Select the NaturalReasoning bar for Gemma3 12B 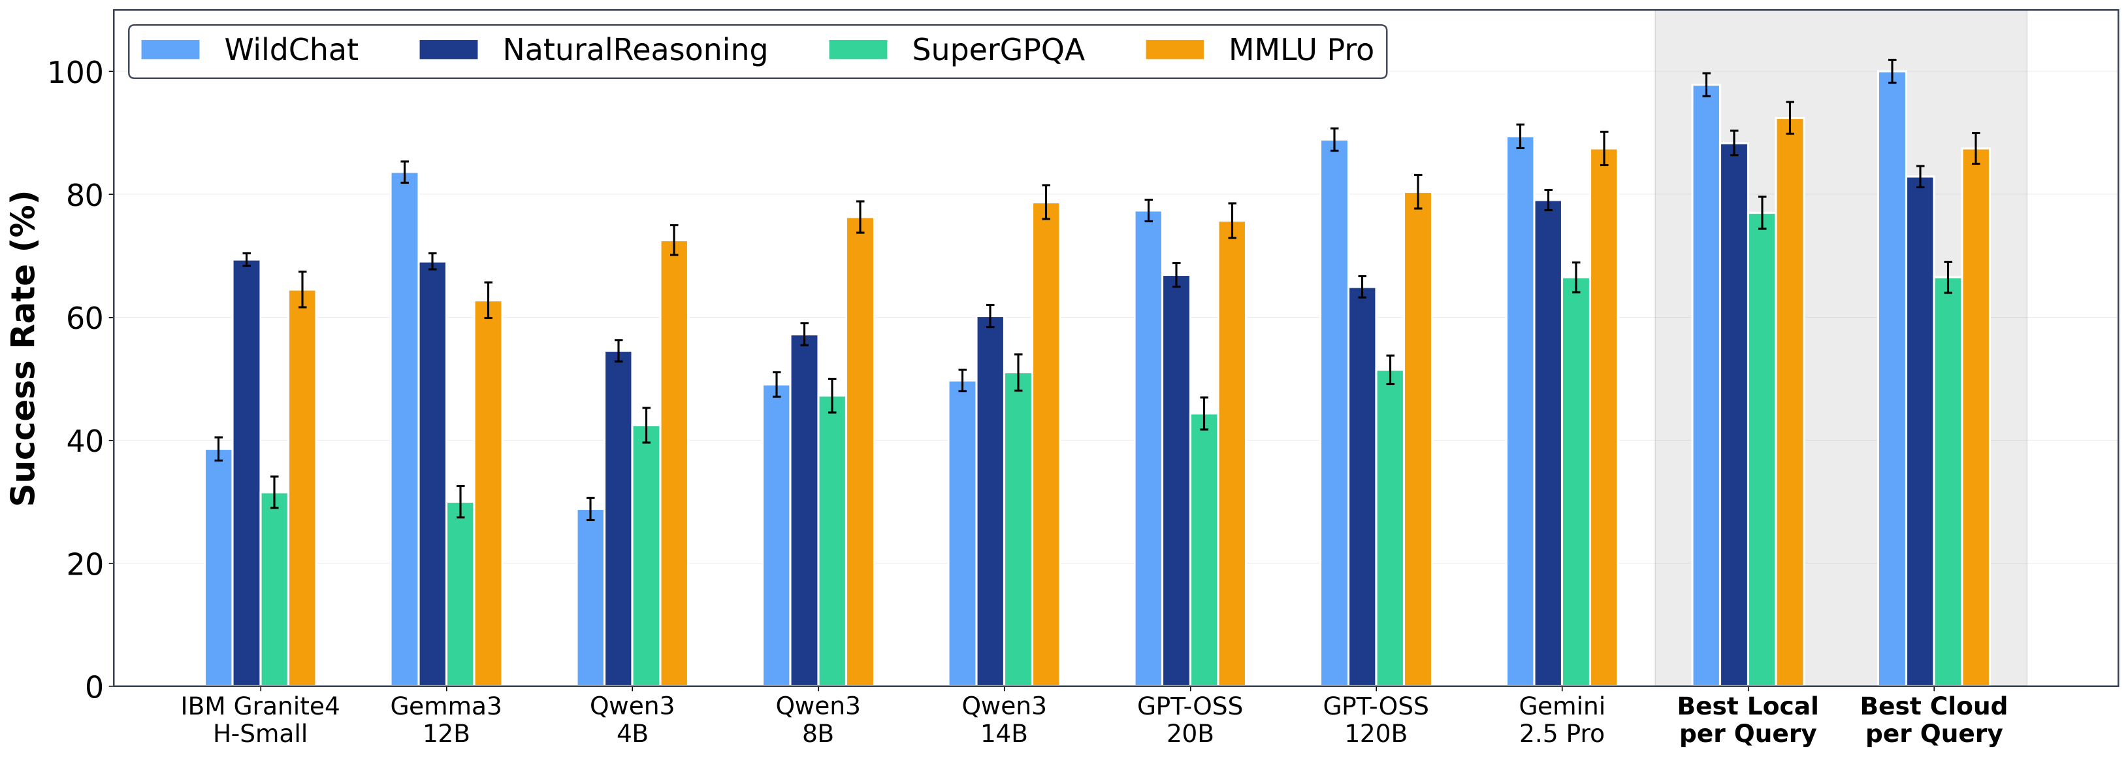point(432,475)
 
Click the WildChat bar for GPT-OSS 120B point(1334,413)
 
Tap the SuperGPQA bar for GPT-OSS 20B point(1204,550)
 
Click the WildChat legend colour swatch point(170,50)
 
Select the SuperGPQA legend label point(998,50)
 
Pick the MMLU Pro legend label point(1300,50)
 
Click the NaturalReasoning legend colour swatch point(449,50)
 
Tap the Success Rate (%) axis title point(24,348)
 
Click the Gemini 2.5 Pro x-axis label point(1561,720)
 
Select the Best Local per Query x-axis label point(1748,720)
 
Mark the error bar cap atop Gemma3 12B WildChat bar point(405,162)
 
